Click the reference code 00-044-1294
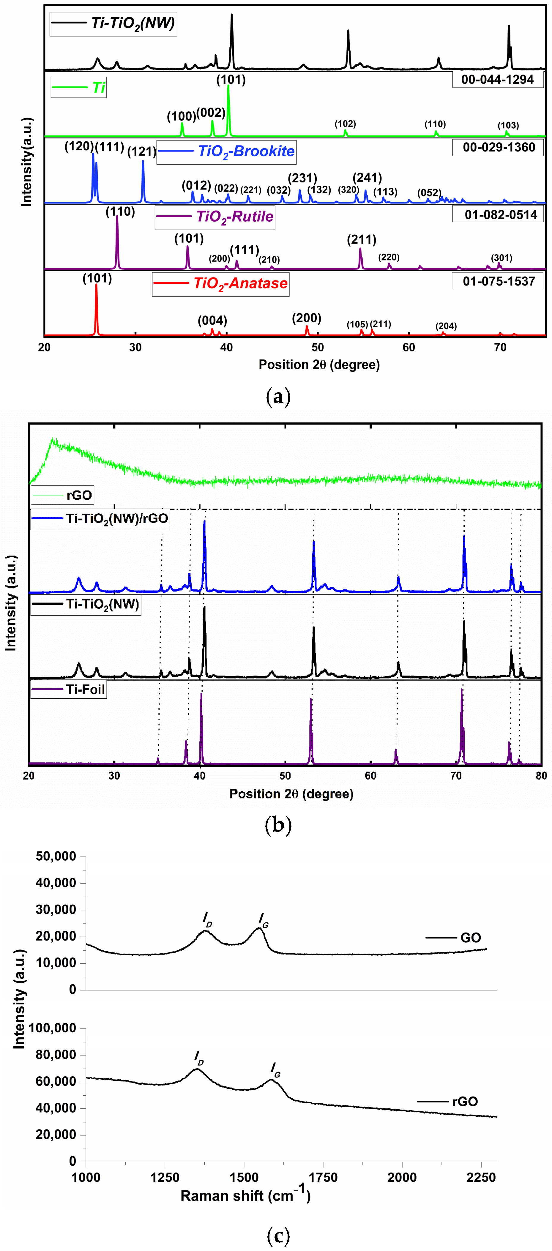click(498, 80)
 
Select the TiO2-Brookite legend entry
click(226, 152)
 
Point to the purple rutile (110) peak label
click(120, 212)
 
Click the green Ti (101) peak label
click(231, 80)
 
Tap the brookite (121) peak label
click(142, 152)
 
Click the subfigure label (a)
click(278, 397)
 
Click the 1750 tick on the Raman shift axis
click(323, 1178)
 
